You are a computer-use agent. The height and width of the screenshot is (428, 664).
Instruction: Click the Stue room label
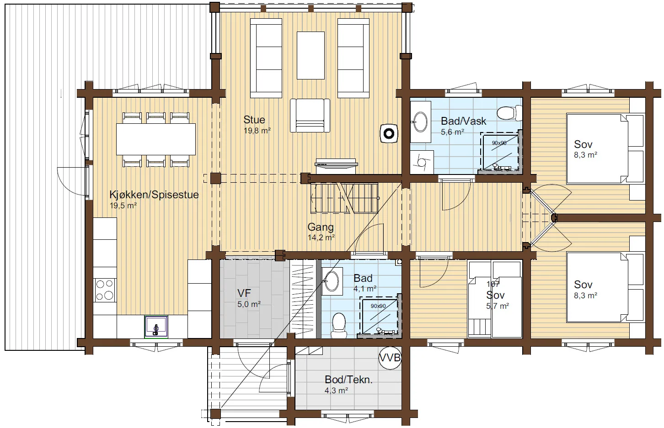point(254,120)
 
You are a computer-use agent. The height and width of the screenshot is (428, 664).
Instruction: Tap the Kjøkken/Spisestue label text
point(154,195)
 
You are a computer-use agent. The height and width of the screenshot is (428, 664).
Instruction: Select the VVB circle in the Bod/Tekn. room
point(390,358)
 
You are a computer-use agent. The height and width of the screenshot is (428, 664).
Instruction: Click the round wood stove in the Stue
point(389,134)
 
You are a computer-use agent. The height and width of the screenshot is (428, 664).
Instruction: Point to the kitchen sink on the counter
point(156,327)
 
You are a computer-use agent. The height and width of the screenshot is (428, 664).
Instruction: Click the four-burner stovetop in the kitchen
point(105,290)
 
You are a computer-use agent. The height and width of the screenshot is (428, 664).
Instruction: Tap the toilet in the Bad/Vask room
point(509,113)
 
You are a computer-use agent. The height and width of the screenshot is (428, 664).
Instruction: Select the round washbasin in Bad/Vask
point(420,122)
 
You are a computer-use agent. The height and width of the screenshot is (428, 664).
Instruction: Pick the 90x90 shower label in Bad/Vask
point(499,143)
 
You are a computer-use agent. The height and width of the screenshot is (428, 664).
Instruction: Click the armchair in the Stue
point(310,116)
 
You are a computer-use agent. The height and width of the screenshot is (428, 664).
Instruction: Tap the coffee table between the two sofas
point(311,55)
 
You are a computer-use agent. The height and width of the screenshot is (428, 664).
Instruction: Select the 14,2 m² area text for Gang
point(321,238)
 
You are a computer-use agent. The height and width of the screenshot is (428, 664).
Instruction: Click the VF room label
point(244,293)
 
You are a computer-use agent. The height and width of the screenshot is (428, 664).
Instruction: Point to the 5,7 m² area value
point(498,306)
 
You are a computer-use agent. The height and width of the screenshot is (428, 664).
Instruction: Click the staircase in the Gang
point(344,198)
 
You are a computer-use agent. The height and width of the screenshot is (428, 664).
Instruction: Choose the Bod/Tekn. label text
point(348,380)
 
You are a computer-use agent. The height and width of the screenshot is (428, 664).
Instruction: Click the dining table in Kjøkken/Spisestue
point(155,139)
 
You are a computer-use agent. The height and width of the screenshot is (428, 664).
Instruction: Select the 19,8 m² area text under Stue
point(257,131)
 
